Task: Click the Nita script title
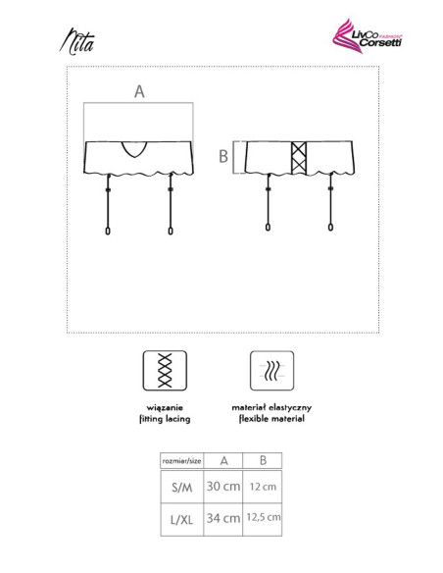(x=77, y=41)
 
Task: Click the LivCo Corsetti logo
(x=367, y=36)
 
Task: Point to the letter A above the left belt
(x=139, y=91)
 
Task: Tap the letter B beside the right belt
(x=223, y=156)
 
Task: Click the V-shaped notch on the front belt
(x=134, y=149)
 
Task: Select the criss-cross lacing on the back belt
(x=299, y=158)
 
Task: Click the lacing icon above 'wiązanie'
(x=165, y=371)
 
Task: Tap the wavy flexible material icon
(x=271, y=371)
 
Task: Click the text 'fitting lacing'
(x=165, y=419)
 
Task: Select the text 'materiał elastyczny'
(x=271, y=407)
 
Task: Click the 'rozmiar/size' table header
(x=181, y=461)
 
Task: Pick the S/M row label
(x=181, y=487)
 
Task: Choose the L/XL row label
(x=181, y=519)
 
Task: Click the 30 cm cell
(x=223, y=487)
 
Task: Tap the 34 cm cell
(x=223, y=518)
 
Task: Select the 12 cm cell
(x=263, y=487)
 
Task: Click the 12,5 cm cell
(x=264, y=517)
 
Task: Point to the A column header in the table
(x=224, y=461)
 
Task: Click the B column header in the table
(x=263, y=460)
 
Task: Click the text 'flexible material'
(x=271, y=419)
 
